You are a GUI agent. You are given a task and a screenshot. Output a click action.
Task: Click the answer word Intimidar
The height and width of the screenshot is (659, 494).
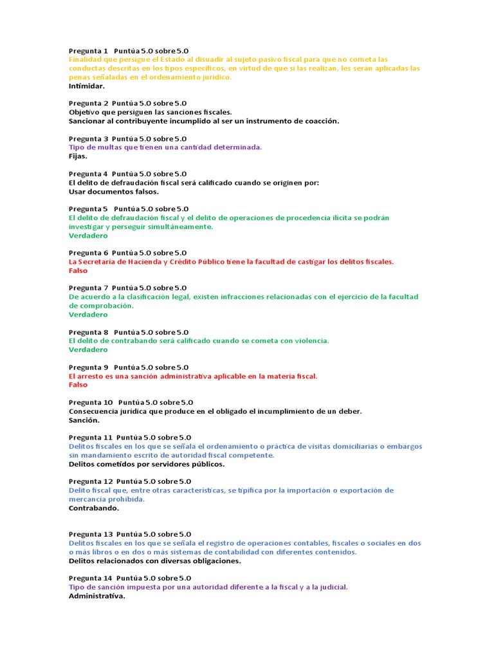click(x=86, y=86)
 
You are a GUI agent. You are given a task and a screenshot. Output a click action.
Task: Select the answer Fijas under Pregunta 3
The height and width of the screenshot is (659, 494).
click(x=78, y=156)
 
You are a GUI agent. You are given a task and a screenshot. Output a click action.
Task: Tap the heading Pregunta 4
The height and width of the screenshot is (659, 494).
click(x=88, y=174)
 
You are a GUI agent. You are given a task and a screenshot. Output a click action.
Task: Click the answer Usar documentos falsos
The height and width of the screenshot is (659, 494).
click(x=113, y=191)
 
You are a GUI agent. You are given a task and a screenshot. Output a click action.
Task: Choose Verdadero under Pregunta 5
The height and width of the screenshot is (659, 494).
click(x=88, y=236)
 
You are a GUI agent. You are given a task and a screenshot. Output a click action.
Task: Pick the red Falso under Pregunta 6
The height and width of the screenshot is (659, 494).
click(x=78, y=270)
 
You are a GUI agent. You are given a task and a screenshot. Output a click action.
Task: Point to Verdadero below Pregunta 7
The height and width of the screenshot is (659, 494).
click(x=88, y=315)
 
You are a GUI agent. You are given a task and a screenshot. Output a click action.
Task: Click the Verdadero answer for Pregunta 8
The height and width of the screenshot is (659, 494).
click(x=88, y=349)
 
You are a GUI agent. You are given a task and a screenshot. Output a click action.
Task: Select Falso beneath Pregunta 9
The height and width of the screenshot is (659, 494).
click(x=78, y=385)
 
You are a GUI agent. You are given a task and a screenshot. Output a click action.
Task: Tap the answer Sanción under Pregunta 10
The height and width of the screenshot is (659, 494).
click(x=84, y=420)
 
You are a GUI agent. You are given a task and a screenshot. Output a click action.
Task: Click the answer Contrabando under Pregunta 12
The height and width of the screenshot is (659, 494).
click(x=94, y=508)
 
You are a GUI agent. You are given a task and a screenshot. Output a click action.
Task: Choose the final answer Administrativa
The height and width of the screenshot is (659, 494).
click(x=96, y=596)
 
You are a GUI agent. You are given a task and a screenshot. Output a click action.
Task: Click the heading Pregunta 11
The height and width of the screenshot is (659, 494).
click(x=91, y=438)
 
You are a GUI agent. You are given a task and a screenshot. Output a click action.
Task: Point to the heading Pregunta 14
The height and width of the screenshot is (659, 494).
click(x=91, y=578)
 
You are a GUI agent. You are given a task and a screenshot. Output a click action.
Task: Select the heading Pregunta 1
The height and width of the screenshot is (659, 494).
click(x=88, y=50)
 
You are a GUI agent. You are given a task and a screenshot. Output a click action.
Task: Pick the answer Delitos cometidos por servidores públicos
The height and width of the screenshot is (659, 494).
click(x=147, y=464)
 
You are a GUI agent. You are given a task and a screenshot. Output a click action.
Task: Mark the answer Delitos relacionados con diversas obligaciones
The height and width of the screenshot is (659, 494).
click(x=154, y=561)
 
